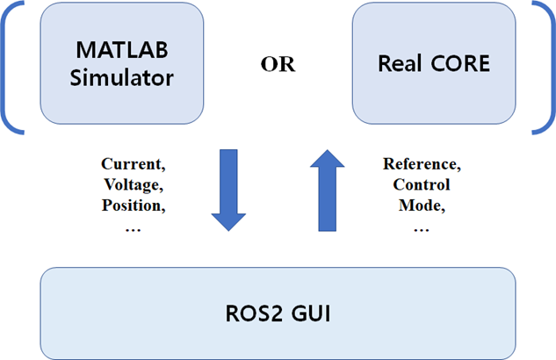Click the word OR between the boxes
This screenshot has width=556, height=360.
[x=278, y=65]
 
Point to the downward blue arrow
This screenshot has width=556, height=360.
[x=228, y=190]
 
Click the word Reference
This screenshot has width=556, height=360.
[x=421, y=164]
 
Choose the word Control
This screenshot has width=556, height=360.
[x=421, y=184]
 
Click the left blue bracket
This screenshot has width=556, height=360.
[x=10, y=68]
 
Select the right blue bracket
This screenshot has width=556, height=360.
[x=545, y=68]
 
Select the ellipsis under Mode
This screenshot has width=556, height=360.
[x=421, y=227]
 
